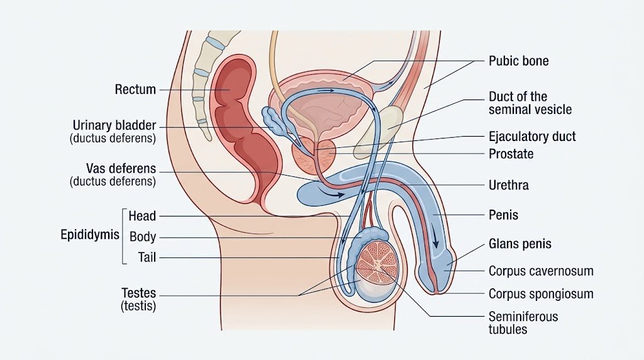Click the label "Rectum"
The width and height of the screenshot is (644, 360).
(135, 89)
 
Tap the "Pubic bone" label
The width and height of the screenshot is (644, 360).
(518, 61)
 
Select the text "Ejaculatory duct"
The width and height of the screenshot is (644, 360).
(532, 137)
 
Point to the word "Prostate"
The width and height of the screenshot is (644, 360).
(511, 154)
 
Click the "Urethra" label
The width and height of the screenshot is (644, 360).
(508, 185)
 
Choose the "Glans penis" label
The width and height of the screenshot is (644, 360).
(520, 244)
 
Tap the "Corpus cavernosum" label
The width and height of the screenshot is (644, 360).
(541, 271)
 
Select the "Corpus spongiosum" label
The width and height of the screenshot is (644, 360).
(541, 294)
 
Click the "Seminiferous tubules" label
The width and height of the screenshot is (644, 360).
(523, 323)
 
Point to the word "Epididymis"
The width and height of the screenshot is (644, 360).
(89, 235)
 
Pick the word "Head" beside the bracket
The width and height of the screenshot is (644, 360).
(142, 216)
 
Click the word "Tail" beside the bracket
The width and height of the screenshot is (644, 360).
(147, 257)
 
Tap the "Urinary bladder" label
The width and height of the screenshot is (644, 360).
(114, 125)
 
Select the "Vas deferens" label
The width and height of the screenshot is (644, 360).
(121, 169)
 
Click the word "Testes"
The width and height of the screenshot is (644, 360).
(138, 293)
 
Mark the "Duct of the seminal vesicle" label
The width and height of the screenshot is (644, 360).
(530, 103)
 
